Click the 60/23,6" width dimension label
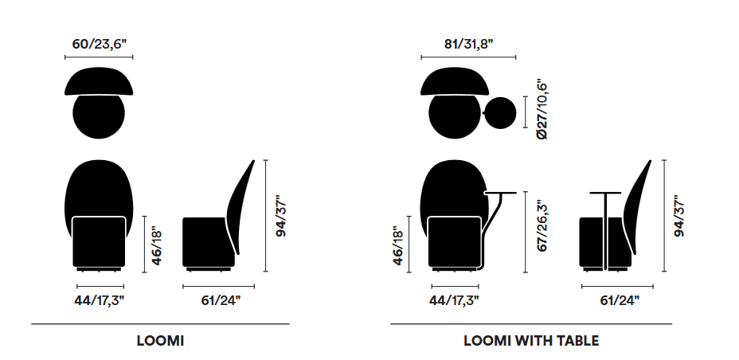[x=99, y=45]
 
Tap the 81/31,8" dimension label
[x=468, y=45]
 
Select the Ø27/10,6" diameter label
[x=542, y=109]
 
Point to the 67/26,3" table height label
[x=542, y=225]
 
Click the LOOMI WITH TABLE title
[x=531, y=341]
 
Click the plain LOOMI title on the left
[x=160, y=341]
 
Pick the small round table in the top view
[x=501, y=113]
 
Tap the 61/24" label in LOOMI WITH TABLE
[x=620, y=300]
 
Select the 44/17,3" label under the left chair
[x=99, y=300]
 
